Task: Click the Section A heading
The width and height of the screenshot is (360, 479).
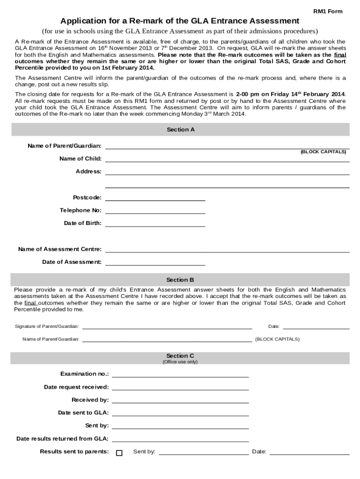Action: pos(180,130)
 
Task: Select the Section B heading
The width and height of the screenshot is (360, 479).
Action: pos(180,280)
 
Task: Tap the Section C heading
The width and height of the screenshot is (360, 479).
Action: pos(180,356)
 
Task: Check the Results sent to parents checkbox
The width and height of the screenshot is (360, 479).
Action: pos(119,453)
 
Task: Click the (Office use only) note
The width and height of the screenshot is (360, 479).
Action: pos(180,362)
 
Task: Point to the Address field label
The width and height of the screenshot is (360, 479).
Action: pos(88,172)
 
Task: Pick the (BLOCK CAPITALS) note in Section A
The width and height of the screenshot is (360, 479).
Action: pos(323,152)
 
